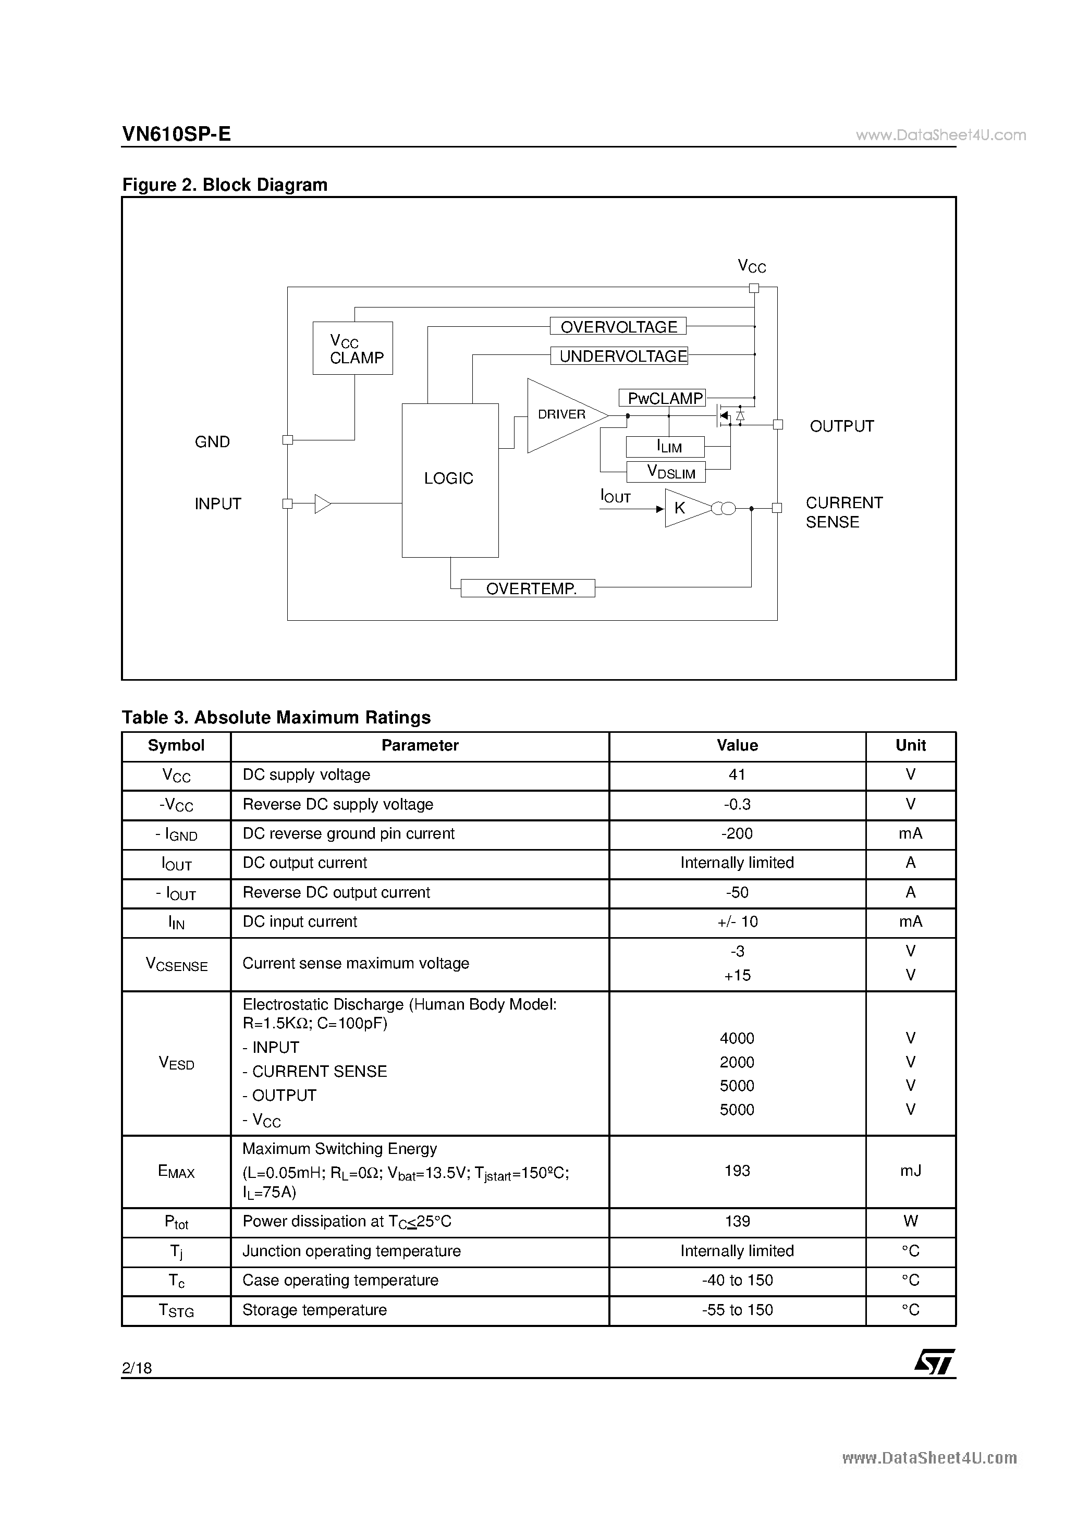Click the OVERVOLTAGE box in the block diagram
tap(618, 327)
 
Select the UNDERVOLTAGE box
tap(619, 357)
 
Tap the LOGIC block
tap(449, 479)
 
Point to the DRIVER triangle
tap(561, 415)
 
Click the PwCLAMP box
tap(662, 398)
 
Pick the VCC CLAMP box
tap(352, 349)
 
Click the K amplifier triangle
tap(684, 509)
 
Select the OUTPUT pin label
tap(841, 426)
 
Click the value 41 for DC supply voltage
tap(737, 775)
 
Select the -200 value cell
tap(737, 834)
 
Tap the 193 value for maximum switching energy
tap(737, 1171)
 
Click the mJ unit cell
tap(910, 1171)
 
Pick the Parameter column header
tap(420, 745)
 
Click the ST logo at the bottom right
tap(934, 1363)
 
